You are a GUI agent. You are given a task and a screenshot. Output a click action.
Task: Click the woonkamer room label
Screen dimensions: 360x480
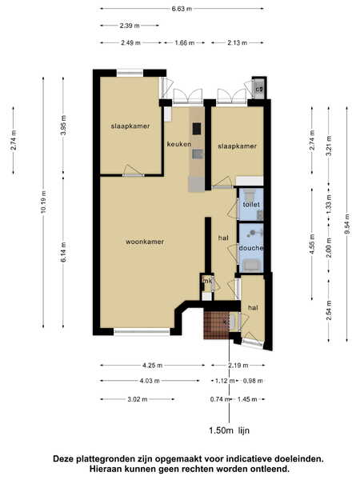(145, 242)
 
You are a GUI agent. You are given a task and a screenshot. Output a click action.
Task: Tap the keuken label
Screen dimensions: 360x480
(179, 144)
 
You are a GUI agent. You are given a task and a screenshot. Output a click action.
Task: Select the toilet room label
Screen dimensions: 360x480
(251, 204)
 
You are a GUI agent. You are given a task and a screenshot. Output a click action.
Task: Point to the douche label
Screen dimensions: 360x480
(251, 248)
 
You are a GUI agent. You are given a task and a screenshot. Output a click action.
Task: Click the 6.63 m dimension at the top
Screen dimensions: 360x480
(182, 9)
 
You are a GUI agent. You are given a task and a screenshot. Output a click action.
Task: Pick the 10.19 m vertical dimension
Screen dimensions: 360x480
(43, 202)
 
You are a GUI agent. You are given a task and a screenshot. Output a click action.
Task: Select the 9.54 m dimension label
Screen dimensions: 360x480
(347, 224)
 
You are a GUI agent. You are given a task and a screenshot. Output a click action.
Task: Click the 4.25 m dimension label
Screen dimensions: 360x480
(152, 366)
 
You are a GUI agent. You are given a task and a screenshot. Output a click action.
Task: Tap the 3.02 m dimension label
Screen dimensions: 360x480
(138, 399)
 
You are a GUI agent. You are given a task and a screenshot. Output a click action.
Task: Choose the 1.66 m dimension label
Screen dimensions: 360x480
(185, 43)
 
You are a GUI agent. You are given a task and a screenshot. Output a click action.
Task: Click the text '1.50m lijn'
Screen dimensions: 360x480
(229, 430)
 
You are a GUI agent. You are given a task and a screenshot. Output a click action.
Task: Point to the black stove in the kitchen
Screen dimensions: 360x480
(197, 129)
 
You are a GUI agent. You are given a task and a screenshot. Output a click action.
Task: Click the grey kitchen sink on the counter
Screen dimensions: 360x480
(198, 154)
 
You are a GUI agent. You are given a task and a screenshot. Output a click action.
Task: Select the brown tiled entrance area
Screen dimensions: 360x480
(216, 325)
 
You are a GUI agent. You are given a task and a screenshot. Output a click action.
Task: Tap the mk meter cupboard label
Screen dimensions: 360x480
(207, 281)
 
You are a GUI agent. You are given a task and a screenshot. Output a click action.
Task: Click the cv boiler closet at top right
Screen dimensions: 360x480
(259, 89)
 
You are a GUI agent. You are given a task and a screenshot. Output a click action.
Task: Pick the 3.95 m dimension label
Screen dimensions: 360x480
(63, 125)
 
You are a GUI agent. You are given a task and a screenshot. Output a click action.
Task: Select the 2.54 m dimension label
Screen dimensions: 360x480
(329, 310)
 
